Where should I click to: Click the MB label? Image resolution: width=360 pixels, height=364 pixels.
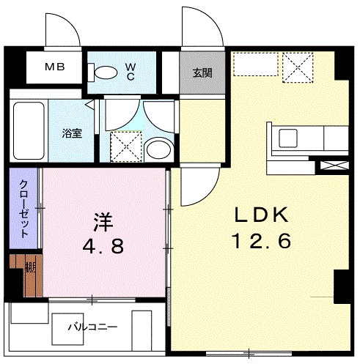tap(56, 67)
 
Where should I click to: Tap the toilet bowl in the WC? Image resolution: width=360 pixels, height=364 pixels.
tap(105, 72)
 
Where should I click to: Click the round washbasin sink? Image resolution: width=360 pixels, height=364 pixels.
tap(157, 149)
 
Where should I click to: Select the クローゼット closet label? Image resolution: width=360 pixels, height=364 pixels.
tap(24, 209)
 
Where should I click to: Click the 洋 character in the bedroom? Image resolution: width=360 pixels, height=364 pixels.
tap(102, 220)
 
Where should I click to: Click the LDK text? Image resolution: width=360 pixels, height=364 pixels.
tap(262, 215)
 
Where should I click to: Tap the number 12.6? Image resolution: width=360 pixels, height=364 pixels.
tap(262, 240)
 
